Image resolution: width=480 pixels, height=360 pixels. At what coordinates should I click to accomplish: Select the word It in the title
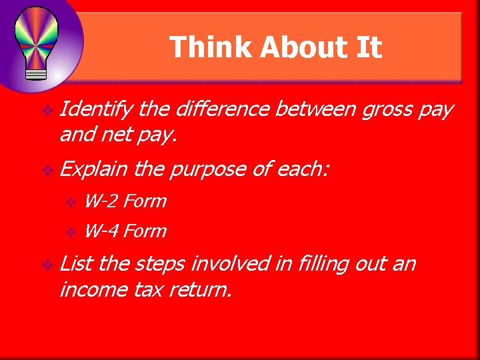click(369, 48)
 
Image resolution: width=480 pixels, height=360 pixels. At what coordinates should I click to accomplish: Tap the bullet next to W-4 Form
click(73, 233)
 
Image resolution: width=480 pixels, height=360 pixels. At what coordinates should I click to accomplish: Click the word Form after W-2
click(145, 201)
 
